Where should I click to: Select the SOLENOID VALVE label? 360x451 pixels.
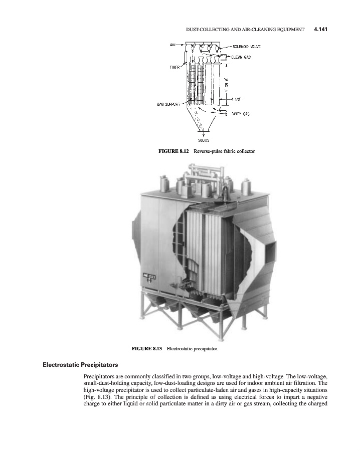(x=246, y=46)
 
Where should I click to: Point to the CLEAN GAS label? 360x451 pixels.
(x=241, y=57)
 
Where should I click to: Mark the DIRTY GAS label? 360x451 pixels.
(x=240, y=114)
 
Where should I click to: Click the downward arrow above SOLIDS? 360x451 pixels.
(x=204, y=133)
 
